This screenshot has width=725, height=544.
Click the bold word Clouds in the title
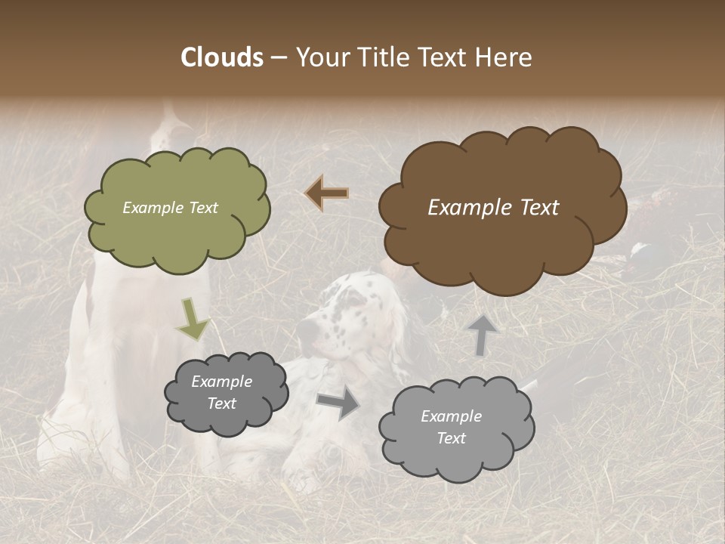[221, 57]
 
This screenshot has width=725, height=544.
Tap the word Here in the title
[505, 57]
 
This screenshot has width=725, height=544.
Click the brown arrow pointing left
[327, 193]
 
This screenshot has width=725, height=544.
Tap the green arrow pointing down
[193, 318]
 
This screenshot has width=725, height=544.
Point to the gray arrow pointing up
[482, 334]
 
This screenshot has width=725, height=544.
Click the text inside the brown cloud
[493, 208]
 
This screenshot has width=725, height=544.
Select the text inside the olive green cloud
[170, 208]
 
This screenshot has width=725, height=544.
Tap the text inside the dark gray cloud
[221, 392]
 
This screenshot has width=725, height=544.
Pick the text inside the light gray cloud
[451, 427]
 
